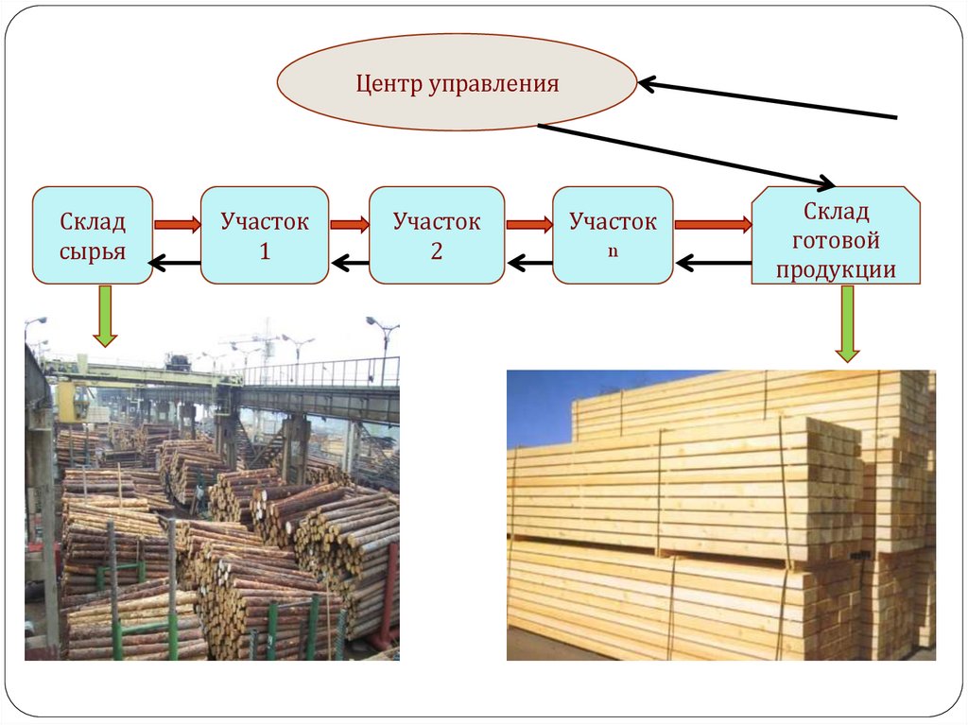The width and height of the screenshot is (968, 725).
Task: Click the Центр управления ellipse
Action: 457,82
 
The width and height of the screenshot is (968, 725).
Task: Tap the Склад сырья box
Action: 93,235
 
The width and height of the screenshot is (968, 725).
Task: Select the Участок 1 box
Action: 265,235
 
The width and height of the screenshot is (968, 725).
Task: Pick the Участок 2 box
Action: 436,235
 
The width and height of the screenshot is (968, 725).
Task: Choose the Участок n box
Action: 613,235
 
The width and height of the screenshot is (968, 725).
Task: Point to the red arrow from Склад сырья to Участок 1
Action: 177,225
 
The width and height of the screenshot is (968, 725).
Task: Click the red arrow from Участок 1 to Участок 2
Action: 349,225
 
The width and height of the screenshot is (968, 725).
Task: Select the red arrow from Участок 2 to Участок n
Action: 528,225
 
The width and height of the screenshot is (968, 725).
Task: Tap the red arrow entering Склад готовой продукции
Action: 713,225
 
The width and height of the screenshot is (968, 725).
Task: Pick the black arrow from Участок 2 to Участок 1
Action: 349,262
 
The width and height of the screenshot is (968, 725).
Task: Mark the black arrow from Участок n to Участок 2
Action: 528,262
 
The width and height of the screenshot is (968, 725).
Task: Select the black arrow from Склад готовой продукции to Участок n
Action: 713,262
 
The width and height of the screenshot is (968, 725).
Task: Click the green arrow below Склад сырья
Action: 105,316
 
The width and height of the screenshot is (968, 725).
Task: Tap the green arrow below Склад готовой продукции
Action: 847,324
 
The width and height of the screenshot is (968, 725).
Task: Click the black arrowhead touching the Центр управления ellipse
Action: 648,84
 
